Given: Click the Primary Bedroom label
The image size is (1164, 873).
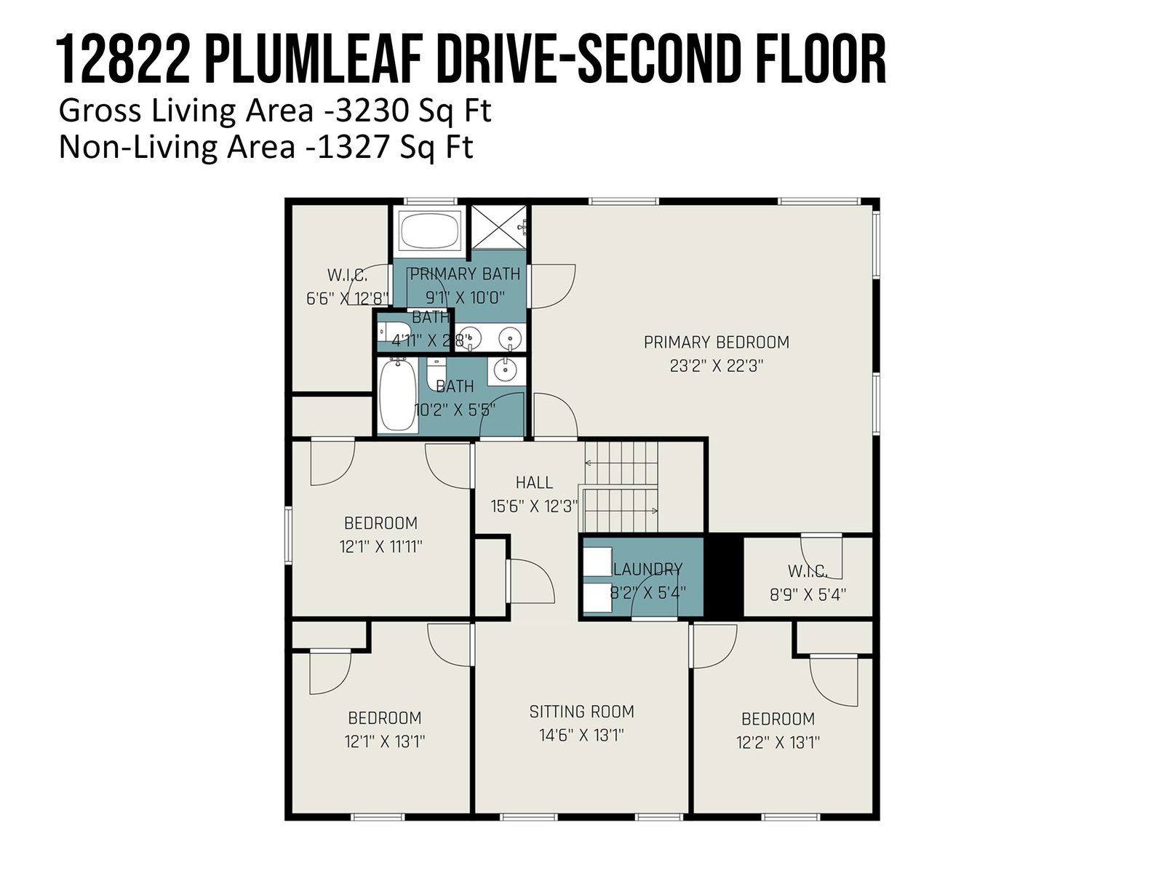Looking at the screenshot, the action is coord(716,343).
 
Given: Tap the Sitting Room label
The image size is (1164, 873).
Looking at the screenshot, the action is coord(581,711).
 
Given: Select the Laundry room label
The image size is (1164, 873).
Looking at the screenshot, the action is coord(647,570).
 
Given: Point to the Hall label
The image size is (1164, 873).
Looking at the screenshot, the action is coord(534,482).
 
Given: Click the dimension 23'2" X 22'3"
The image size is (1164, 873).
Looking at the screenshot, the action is coord(716,366).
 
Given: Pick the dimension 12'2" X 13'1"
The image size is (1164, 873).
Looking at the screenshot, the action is coord(778,743).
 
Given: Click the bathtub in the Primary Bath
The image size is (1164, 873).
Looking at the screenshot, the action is coord(429,231).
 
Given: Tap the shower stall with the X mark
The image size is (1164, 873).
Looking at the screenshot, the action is coord(498,227).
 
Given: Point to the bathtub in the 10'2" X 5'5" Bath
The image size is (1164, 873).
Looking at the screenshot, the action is coord(398,394).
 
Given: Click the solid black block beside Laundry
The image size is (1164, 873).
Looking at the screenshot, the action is coord(723,577).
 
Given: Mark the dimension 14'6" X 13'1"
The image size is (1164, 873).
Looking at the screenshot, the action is coord(581,736).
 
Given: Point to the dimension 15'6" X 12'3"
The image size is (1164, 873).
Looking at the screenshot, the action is coord(534,506).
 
